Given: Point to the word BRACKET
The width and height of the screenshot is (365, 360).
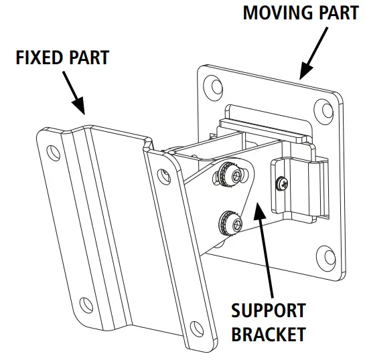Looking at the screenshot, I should coord(268,334).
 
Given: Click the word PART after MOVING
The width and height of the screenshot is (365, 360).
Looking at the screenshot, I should coord(336,13).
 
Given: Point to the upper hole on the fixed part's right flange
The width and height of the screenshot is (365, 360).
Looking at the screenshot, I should coord(162,175).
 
